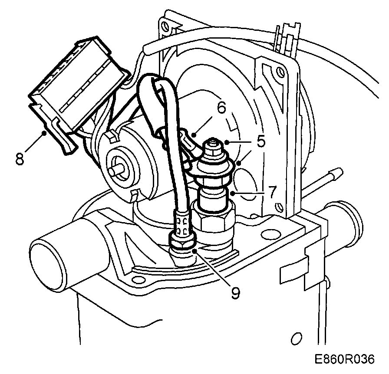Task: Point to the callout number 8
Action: click(x=19, y=158)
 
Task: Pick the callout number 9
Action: click(x=235, y=294)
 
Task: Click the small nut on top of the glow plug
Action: click(x=212, y=145)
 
